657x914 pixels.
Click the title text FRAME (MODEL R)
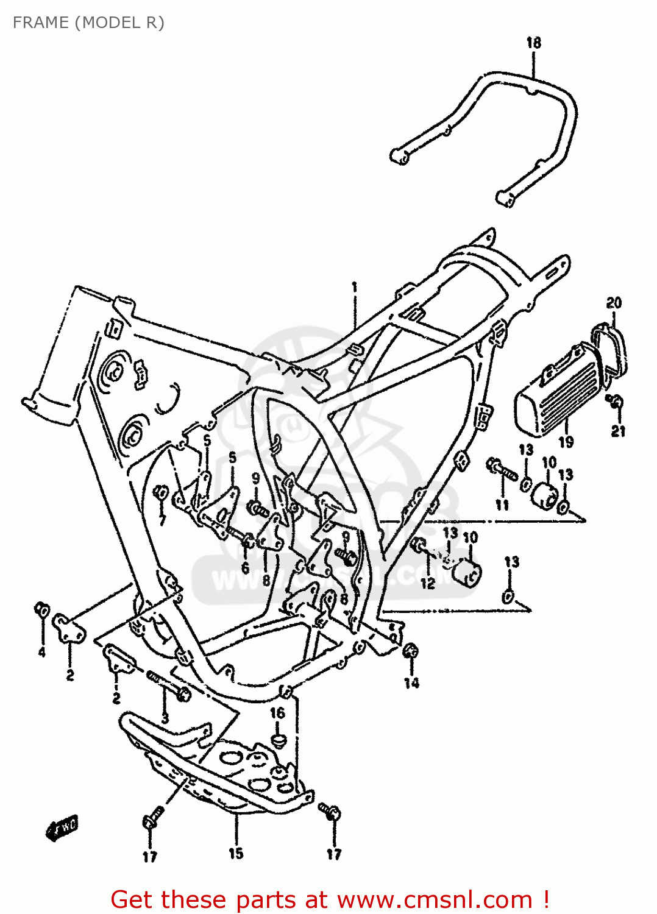click(x=88, y=23)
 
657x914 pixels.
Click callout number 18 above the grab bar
click(x=533, y=43)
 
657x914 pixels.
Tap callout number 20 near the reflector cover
click(x=614, y=303)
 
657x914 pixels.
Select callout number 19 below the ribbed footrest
click(x=566, y=442)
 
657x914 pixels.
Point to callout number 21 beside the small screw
click(x=618, y=431)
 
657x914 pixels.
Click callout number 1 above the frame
click(x=354, y=288)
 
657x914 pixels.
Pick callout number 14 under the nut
click(x=411, y=682)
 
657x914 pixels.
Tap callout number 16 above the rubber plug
click(x=277, y=712)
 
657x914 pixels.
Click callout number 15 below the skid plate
click(x=236, y=854)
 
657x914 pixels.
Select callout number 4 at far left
click(x=41, y=652)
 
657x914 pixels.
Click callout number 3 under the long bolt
click(x=165, y=718)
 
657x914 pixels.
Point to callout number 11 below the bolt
click(x=502, y=505)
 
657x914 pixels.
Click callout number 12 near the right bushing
click(x=427, y=583)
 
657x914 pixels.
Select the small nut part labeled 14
click(x=411, y=651)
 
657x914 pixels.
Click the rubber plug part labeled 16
click(x=278, y=740)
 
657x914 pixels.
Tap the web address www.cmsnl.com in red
click(x=435, y=899)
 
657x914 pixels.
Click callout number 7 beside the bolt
click(x=162, y=519)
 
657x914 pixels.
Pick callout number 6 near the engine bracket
click(x=245, y=568)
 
